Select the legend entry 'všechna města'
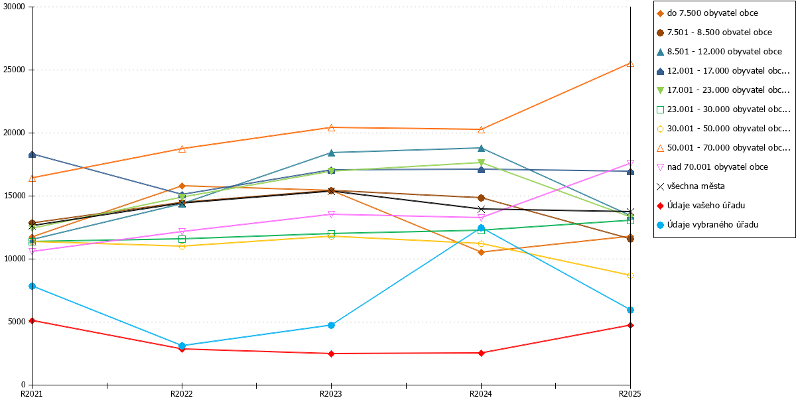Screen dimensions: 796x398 click(x=691, y=186)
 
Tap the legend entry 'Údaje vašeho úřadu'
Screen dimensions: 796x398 click(x=700, y=206)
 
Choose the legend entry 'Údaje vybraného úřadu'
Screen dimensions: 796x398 click(x=707, y=225)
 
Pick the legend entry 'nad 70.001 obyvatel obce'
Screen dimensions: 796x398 click(x=712, y=167)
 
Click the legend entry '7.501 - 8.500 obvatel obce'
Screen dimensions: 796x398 click(x=714, y=33)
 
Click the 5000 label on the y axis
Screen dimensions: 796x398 click(x=17, y=322)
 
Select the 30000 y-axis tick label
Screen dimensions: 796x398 click(x=14, y=7)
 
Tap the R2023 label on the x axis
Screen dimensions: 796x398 click(x=331, y=394)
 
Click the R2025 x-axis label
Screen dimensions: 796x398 click(x=630, y=394)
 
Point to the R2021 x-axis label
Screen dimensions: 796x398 click(x=32, y=394)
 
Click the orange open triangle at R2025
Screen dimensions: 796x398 click(x=630, y=64)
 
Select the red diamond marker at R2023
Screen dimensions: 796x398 click(x=331, y=354)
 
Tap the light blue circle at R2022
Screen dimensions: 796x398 click(x=182, y=346)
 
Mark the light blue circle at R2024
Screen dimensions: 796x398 click(x=481, y=228)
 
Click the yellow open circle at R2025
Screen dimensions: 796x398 click(x=630, y=276)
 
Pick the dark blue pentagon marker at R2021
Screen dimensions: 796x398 click(x=32, y=155)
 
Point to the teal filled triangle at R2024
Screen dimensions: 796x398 click(x=481, y=148)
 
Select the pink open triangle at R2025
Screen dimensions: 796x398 click(x=630, y=163)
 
